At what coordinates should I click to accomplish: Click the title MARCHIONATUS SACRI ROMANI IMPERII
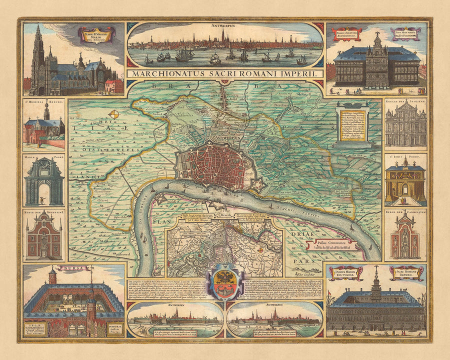coord(225,73)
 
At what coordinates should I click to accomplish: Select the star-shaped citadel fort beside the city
coord(258,188)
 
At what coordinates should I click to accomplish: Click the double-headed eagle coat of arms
coord(225,282)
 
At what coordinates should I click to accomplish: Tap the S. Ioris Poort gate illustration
coord(405,184)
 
